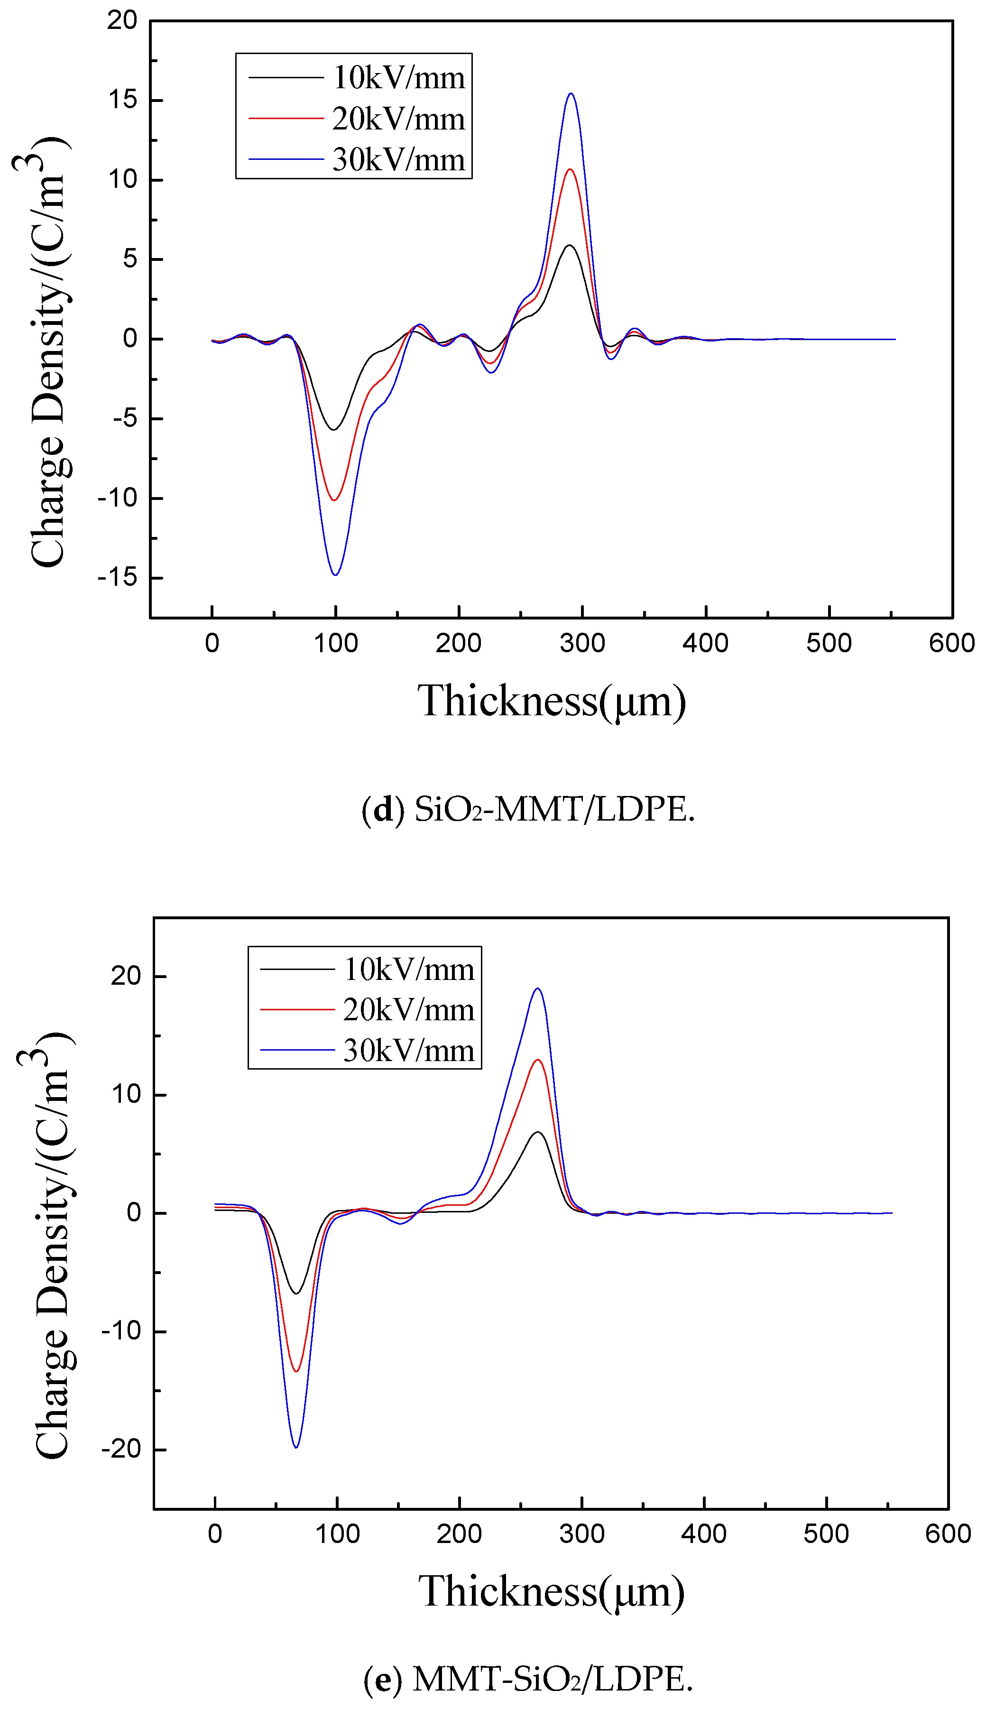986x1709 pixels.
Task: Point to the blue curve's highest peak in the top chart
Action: (x=571, y=93)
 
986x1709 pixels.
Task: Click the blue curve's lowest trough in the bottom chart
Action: (x=296, y=1447)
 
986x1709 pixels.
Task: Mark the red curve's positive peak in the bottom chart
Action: (x=538, y=1060)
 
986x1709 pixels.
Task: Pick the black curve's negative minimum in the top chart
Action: (x=334, y=429)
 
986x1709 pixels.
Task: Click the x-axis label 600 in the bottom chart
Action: (x=948, y=1533)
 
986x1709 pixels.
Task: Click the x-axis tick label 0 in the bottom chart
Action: (x=215, y=1533)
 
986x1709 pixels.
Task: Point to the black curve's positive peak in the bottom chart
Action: (x=538, y=1132)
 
